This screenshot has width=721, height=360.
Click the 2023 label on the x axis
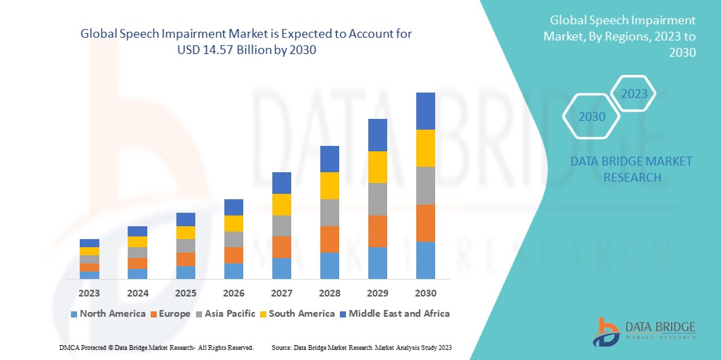coord(89,293)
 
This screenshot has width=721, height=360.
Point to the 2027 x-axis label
coord(281,293)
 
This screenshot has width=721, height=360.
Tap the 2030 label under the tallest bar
coord(425,293)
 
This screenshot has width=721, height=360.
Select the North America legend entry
coord(107,313)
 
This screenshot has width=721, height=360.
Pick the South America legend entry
coord(297,313)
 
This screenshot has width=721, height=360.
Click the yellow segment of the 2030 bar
coord(425,148)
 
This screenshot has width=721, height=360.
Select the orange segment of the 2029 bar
coord(377,231)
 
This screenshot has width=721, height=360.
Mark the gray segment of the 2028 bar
coord(329,212)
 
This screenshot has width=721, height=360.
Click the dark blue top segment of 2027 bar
coord(281,182)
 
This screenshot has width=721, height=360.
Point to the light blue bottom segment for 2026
coord(233,271)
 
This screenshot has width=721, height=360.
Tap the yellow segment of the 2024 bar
coord(137,242)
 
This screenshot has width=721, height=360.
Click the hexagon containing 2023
coord(634,94)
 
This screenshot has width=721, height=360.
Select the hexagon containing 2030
coord(592,117)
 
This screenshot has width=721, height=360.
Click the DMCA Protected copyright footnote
coord(156,347)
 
